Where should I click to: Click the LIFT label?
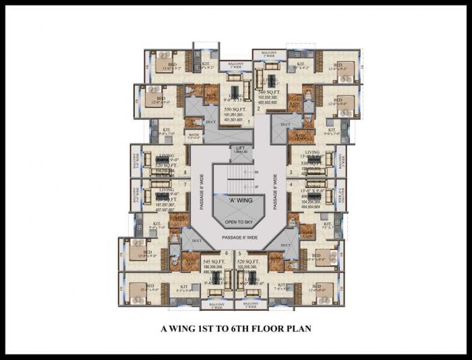coord(239,148)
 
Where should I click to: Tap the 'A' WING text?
coord(235,200)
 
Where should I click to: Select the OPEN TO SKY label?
coord(235,221)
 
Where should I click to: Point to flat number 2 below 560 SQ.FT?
coord(258,108)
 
